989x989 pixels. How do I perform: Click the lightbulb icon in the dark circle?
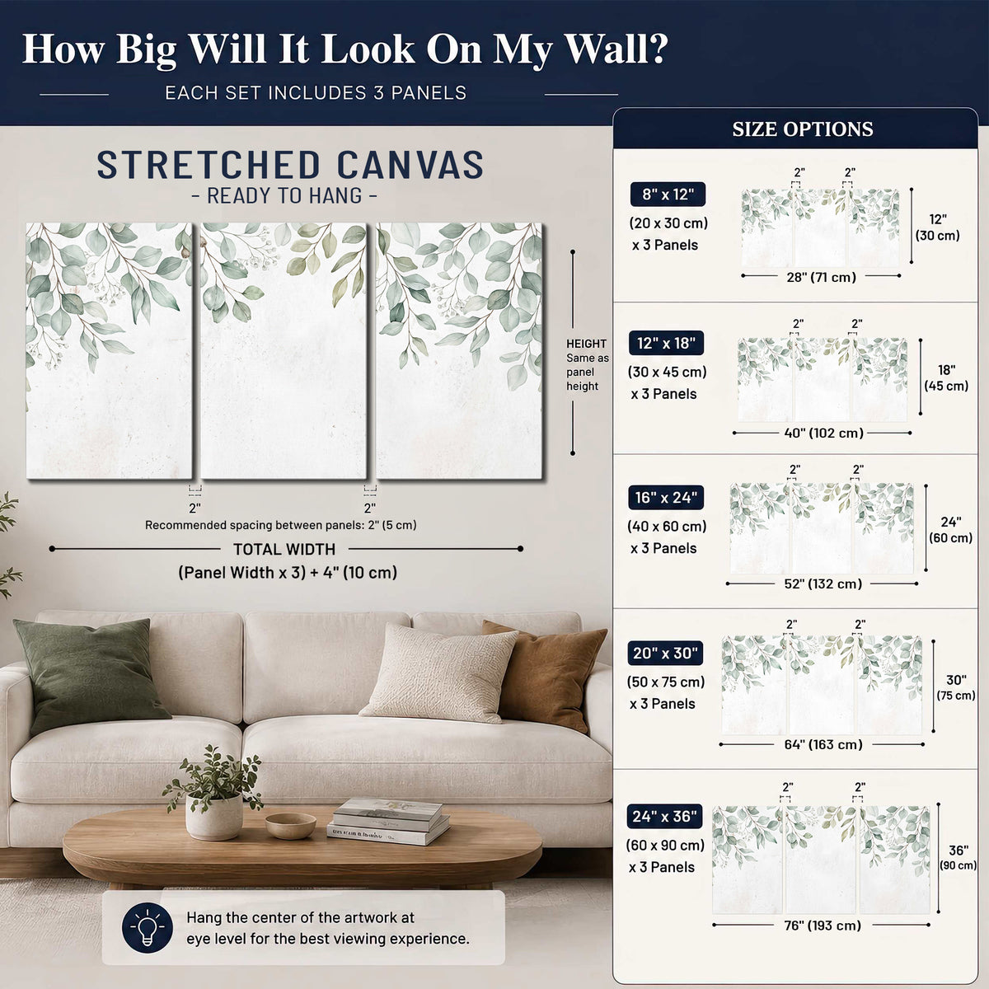point(148,927)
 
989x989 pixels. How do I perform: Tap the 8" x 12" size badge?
point(668,195)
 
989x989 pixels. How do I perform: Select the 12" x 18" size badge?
point(666,343)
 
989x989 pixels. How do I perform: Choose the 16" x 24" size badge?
point(666,497)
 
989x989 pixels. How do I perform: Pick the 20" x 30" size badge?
point(665,653)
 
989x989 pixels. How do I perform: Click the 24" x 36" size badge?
point(664,816)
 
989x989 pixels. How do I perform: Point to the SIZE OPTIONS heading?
point(803,129)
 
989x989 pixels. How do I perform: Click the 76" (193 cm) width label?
point(823,926)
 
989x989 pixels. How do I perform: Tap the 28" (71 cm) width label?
point(821,277)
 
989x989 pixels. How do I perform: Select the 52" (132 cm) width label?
point(823,584)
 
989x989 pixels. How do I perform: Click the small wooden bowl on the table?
point(290,825)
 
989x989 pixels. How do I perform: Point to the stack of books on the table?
point(387,821)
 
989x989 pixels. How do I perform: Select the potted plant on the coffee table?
point(213,793)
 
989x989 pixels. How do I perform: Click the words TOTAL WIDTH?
point(284,549)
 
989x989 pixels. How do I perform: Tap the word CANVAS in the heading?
point(410,165)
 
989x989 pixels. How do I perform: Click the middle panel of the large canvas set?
point(284,350)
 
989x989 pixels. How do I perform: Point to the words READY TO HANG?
point(284,195)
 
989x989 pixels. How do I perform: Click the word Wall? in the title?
point(616,49)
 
